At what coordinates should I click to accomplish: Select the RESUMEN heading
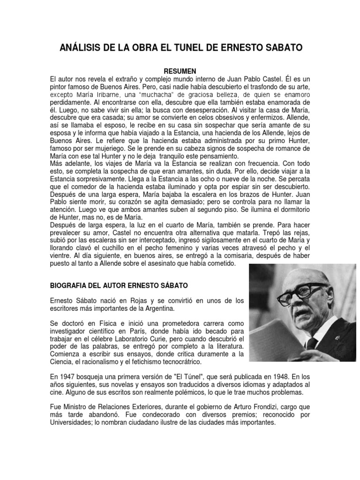[x=180, y=71]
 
